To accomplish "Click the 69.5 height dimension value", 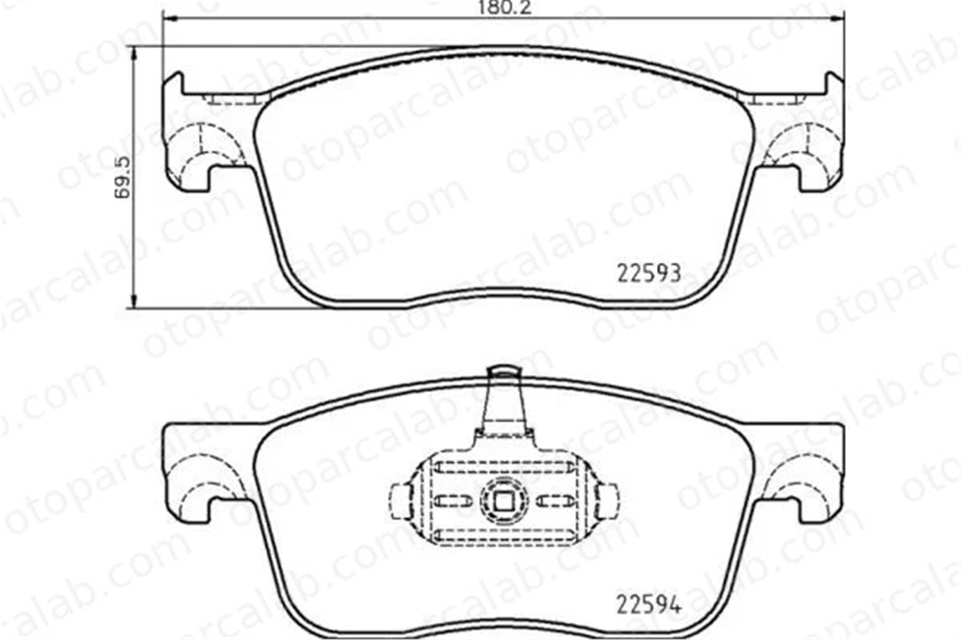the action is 123,176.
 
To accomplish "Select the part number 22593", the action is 649,273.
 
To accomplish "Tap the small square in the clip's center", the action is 504,502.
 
